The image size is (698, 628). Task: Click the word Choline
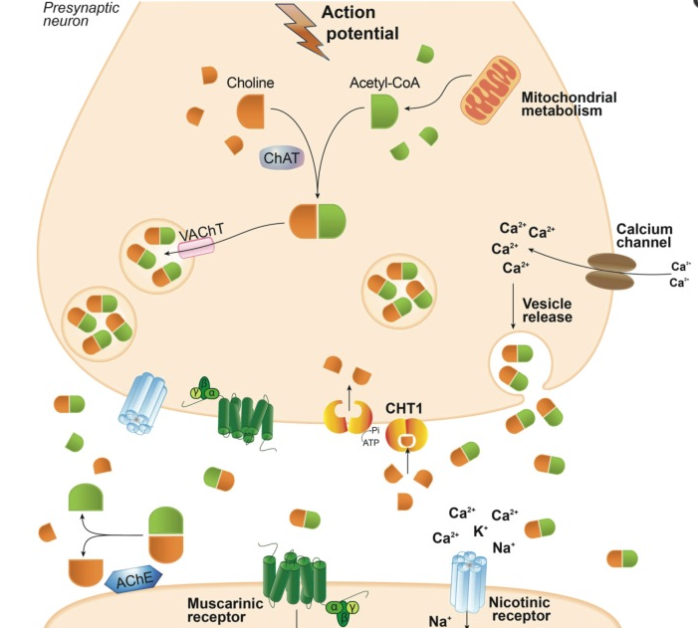pyautogui.click(x=250, y=83)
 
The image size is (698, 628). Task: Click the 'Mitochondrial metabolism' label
pyautogui.click(x=569, y=105)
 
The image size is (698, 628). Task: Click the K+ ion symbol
pyautogui.click(x=480, y=530)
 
